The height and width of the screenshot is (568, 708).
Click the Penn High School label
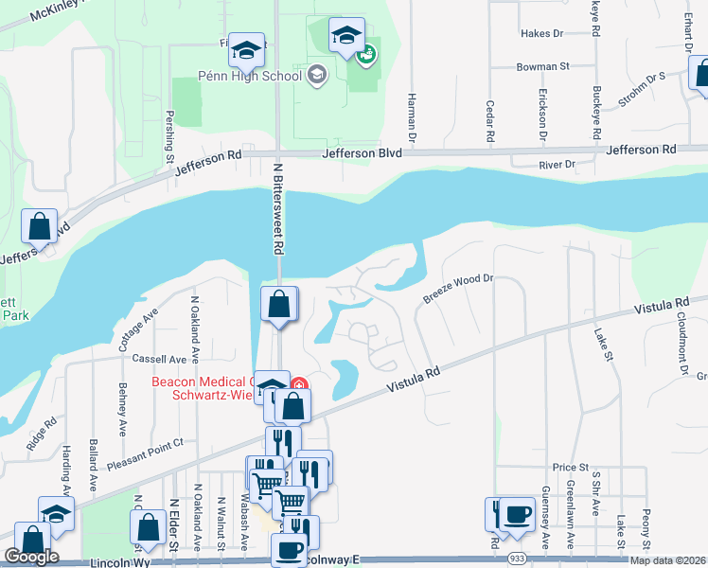point(250,74)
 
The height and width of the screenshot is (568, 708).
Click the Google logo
point(31,556)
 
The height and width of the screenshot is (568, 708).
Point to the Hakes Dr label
point(541,33)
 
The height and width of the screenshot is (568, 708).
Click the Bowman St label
point(542,67)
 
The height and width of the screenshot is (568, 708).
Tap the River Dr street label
point(557,165)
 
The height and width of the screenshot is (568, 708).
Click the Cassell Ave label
point(159,360)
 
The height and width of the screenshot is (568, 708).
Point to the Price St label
point(571,468)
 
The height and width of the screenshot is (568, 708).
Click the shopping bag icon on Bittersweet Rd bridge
point(279,305)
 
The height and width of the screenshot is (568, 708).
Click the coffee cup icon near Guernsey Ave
point(517,515)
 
